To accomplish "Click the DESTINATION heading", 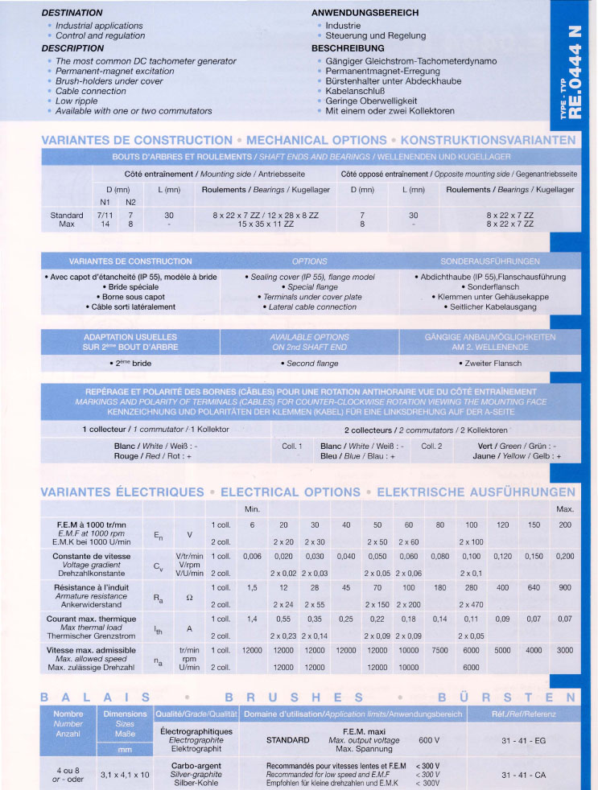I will pyautogui.click(x=72, y=13).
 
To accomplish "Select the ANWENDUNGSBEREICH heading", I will pyautogui.click(x=365, y=13).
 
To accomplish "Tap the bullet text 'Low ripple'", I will pyautogui.click(x=76, y=101).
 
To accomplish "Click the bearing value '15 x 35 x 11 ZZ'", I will pyautogui.click(x=266, y=224).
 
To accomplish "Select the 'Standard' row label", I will pyautogui.click(x=67, y=216).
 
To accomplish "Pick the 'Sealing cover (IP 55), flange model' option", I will pyautogui.click(x=309, y=277).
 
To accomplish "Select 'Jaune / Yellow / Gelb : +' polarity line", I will pyautogui.click(x=519, y=456).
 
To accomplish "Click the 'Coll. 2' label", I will pyautogui.click(x=432, y=446).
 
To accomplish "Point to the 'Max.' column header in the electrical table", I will pyautogui.click(x=564, y=509).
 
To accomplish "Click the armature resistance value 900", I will pyautogui.click(x=564, y=587).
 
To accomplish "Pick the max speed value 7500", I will pyautogui.click(x=439, y=650).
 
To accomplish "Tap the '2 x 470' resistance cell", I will pyautogui.click(x=471, y=603).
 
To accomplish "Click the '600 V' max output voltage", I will pyautogui.click(x=429, y=739).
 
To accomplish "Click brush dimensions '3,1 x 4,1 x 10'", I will pyautogui.click(x=125, y=776).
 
